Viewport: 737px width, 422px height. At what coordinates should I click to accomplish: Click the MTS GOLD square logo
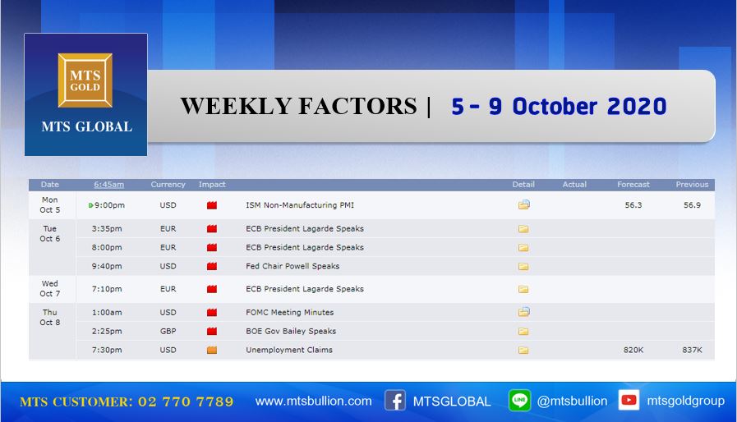pyautogui.click(x=85, y=80)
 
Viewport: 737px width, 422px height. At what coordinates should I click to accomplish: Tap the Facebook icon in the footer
pyautogui.click(x=395, y=401)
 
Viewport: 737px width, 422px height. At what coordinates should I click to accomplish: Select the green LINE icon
pyautogui.click(x=519, y=401)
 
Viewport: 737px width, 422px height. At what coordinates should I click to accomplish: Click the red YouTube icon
pyautogui.click(x=629, y=400)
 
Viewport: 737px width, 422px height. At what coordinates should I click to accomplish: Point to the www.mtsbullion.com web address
pyautogui.click(x=314, y=401)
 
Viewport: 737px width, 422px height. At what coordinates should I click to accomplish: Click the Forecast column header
pyautogui.click(x=633, y=185)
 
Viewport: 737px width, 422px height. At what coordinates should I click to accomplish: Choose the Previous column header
pyautogui.click(x=692, y=185)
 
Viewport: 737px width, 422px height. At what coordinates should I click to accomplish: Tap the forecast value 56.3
pyautogui.click(x=633, y=205)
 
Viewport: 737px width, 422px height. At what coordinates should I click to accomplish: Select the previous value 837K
pyautogui.click(x=692, y=350)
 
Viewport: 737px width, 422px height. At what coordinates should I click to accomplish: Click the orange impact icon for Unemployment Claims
pyautogui.click(x=212, y=350)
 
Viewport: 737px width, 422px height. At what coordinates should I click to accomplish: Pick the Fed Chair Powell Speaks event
pyautogui.click(x=292, y=266)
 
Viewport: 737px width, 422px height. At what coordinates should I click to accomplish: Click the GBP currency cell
pyautogui.click(x=168, y=331)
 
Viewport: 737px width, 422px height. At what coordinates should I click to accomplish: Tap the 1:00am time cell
pyautogui.click(x=107, y=312)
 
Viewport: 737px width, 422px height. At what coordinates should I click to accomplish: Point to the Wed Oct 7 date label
pyautogui.click(x=50, y=288)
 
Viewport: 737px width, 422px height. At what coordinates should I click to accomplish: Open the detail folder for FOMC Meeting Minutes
pyautogui.click(x=523, y=312)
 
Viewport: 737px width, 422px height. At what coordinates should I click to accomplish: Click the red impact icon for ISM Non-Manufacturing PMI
pyautogui.click(x=212, y=205)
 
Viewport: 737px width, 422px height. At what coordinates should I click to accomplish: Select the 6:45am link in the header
pyautogui.click(x=108, y=185)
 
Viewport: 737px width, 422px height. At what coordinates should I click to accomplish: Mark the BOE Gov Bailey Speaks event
pyautogui.click(x=291, y=331)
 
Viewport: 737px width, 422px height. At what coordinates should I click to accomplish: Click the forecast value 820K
pyautogui.click(x=633, y=350)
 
